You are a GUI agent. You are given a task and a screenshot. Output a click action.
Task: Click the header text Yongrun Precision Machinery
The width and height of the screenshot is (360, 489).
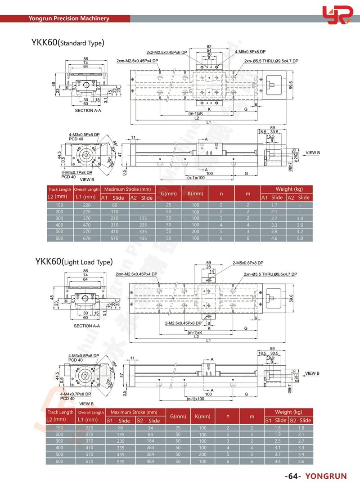pos(69,18)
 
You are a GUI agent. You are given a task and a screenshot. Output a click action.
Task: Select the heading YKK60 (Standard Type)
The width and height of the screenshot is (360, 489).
pos(67,43)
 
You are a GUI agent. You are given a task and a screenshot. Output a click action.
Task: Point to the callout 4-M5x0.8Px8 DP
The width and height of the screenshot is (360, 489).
pos(250,52)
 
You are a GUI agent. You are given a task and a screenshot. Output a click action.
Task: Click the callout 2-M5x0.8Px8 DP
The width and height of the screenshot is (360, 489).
pos(248,263)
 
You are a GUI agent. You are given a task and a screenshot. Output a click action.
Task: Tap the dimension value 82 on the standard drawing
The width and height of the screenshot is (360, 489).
pos(209,47)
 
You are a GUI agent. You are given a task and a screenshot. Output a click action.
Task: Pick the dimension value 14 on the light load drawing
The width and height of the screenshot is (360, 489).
pos(211,272)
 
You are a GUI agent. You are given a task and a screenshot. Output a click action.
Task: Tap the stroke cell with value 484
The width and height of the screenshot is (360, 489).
pos(150,461)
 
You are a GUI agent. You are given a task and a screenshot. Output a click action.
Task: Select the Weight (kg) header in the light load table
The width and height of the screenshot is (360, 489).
pos(288,412)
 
